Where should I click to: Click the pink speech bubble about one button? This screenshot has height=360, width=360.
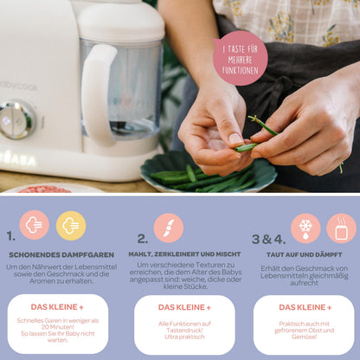[240, 59]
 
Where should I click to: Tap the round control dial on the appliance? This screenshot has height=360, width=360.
[17, 119]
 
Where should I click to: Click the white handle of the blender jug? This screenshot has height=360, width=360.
[98, 95]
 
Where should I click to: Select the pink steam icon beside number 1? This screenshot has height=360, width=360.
[35, 225]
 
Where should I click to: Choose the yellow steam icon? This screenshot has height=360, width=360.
[71, 226]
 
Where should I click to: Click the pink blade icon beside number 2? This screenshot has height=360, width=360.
[169, 228]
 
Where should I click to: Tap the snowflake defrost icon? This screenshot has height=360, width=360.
[305, 228]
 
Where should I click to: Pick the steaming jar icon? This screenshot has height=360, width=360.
[341, 228]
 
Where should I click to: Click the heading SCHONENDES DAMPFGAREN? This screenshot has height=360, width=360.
[61, 255]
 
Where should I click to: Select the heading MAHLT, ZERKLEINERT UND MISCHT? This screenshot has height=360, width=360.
[184, 254]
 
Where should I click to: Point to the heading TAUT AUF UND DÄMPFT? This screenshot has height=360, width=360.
[305, 254]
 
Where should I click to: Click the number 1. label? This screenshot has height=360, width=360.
[11, 236]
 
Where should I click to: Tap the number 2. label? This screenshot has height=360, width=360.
[143, 239]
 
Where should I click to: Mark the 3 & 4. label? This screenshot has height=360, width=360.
[268, 239]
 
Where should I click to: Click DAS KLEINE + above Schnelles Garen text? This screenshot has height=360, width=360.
[57, 307]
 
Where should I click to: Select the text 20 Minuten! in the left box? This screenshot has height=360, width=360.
[58, 327]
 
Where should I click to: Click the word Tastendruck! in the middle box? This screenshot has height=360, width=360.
[184, 331]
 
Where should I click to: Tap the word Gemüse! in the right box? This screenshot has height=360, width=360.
[305, 337]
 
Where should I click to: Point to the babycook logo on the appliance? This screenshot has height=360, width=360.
[18, 86]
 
